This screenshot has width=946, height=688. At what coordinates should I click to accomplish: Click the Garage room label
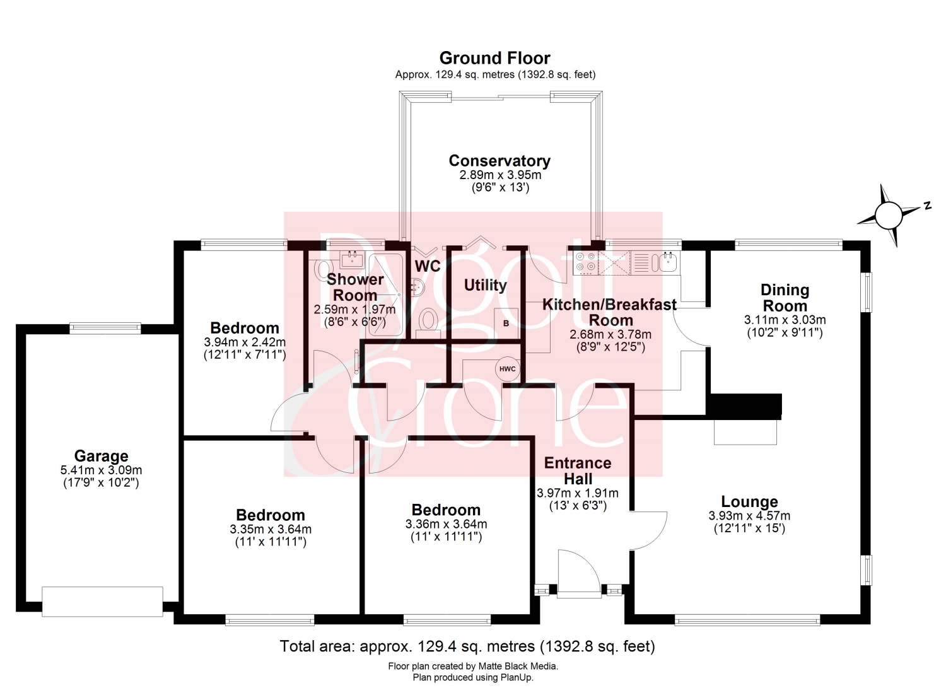tap(102, 456)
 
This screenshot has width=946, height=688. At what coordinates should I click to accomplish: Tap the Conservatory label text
tap(499, 161)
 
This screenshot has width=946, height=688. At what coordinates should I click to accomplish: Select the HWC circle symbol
tap(507, 369)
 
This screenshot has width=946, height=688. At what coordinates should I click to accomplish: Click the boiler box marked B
tap(506, 323)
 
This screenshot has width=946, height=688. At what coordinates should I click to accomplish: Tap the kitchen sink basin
tap(668, 262)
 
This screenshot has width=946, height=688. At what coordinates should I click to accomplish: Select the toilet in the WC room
tap(428, 322)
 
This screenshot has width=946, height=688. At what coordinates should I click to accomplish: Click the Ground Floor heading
tap(495, 58)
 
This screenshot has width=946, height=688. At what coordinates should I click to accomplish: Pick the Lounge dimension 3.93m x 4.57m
tap(749, 516)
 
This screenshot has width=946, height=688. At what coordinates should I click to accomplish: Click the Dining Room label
tap(785, 298)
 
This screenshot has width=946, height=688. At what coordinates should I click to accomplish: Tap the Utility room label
tap(485, 286)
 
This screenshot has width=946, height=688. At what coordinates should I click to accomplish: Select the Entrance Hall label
tap(578, 471)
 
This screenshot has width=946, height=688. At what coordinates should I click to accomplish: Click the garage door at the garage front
tap(102, 602)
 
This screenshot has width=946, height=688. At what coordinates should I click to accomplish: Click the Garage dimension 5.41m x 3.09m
tap(102, 470)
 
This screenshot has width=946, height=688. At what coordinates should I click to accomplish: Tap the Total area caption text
tap(467, 646)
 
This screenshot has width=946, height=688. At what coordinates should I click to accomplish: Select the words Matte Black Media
tap(518, 666)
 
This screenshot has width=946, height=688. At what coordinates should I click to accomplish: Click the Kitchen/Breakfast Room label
tap(610, 312)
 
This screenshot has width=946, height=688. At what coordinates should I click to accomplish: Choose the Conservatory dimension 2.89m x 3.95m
tap(500, 175)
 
